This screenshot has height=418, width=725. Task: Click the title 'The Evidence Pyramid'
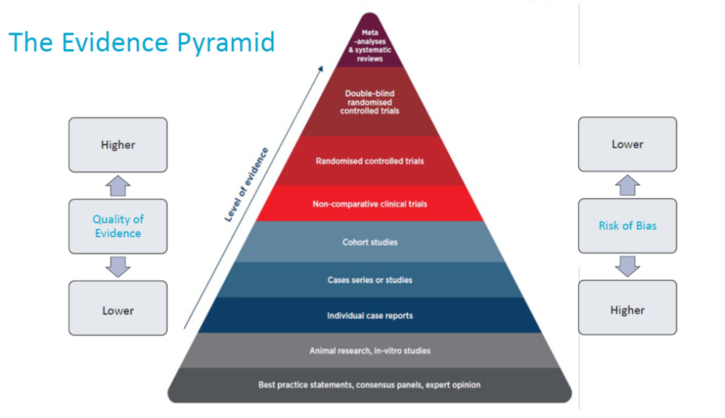coord(142,42)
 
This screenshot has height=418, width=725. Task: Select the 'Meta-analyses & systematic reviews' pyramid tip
coord(370,45)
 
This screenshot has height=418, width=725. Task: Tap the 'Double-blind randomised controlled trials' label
coord(370,102)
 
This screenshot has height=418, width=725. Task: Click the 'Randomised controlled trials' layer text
coord(370,161)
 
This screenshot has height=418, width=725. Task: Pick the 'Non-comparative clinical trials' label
coord(370,204)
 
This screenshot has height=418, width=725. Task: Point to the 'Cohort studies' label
coord(370,243)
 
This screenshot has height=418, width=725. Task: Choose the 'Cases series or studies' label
coord(370,280)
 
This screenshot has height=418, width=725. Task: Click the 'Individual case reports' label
coord(370,315)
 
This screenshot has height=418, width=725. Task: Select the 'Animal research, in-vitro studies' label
coord(370,351)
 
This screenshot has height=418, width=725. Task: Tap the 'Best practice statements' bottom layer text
coord(370,385)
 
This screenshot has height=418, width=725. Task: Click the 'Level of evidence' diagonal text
coord(246,185)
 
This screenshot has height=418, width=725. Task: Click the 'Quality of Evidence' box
coord(118,226)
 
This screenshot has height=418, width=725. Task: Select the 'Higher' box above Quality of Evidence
coord(118,145)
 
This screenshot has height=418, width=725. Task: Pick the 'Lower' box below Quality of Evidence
coord(118,310)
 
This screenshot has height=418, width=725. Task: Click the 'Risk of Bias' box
coord(627,226)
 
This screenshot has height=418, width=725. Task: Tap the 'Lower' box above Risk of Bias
coord(627,144)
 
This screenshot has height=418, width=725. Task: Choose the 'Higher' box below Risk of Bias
coord(627,310)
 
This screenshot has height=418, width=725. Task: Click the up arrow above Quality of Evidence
coord(118,186)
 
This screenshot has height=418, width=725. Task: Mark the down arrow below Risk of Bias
coord(627,267)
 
